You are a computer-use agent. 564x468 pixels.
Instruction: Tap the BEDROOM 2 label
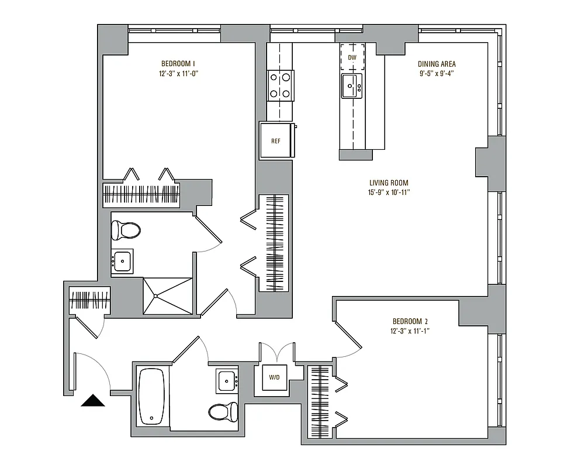[410, 321]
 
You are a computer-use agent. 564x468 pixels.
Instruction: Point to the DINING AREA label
[437, 64]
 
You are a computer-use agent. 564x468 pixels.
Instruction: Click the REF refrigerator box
[276, 141]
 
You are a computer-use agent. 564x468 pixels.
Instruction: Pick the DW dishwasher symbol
[352, 57]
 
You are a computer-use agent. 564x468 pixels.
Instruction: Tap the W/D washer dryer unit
[275, 378]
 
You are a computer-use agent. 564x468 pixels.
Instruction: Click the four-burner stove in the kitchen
[281, 85]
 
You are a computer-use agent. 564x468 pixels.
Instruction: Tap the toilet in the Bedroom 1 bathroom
[126, 229]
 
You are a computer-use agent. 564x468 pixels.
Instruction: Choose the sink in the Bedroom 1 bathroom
[123, 261]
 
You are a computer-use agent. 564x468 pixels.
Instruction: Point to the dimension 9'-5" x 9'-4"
[437, 74]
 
